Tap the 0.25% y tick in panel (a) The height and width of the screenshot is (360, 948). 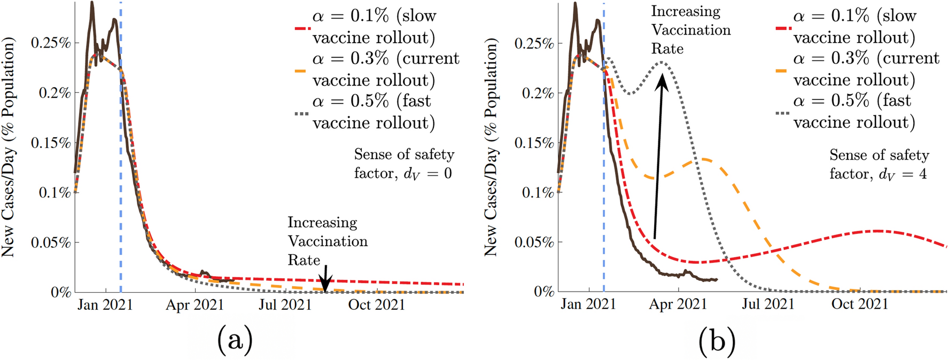coord(51,43)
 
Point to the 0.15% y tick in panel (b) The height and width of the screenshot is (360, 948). coord(534,143)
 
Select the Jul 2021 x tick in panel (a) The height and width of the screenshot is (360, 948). coord(285,305)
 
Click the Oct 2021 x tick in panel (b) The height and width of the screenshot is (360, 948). coord(859,304)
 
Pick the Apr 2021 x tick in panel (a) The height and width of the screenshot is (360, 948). coord(195,305)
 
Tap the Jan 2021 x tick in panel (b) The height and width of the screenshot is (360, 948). coord(588,304)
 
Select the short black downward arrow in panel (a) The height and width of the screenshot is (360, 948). coord(325,275)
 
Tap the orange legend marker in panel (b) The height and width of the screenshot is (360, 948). coord(781,70)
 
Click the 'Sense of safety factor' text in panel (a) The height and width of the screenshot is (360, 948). coord(403,164)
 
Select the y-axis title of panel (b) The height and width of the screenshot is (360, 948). coord(490,147)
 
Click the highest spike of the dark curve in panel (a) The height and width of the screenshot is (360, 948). coord(92,4)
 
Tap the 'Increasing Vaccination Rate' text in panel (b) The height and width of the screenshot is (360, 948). coord(690,30)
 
